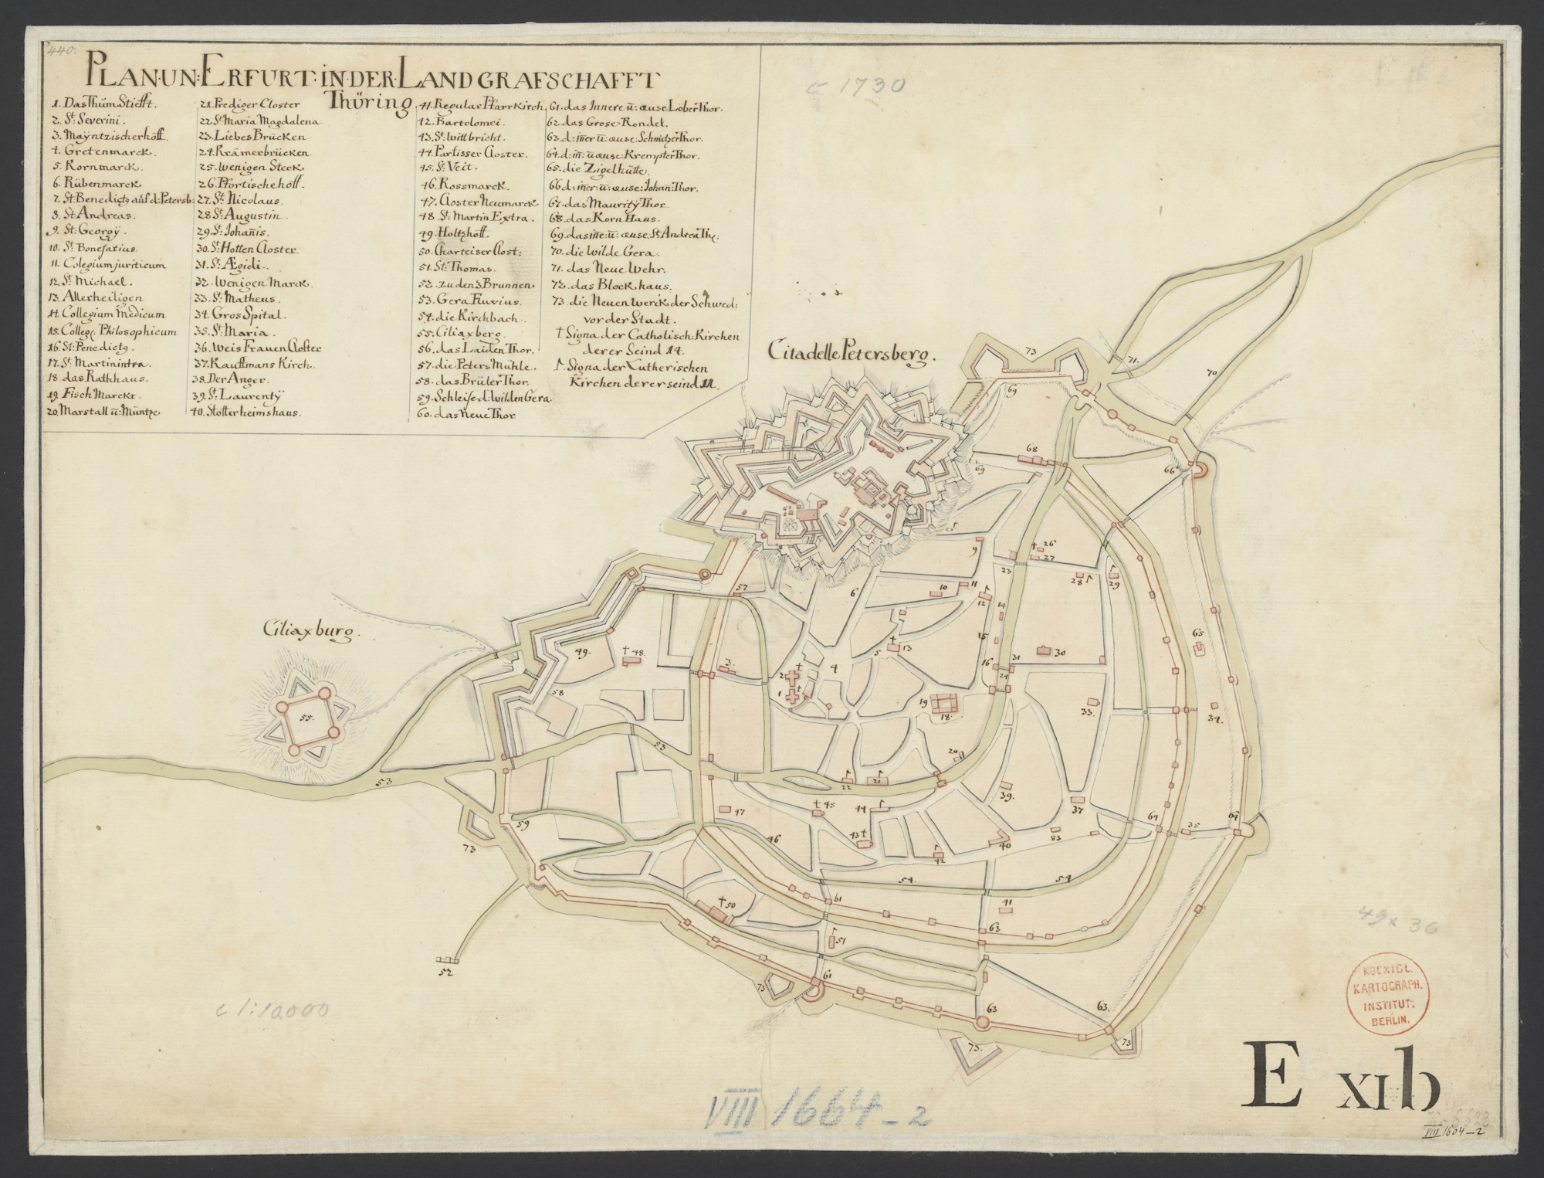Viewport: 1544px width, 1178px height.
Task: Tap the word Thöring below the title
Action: click(x=368, y=104)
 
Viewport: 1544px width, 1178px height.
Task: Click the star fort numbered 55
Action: click(x=307, y=720)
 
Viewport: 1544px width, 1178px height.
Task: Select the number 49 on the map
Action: click(x=583, y=651)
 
